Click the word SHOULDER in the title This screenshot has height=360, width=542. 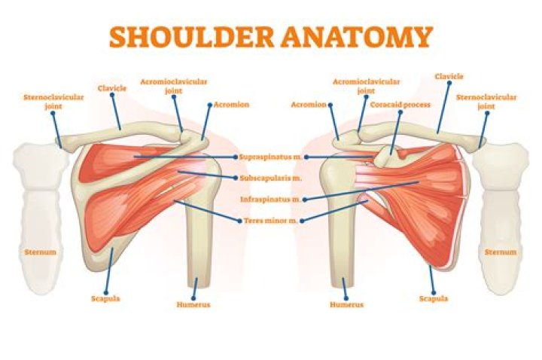(192, 37)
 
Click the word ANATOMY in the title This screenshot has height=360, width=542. (357, 37)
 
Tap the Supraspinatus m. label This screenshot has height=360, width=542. (271, 157)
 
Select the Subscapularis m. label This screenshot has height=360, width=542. (271, 178)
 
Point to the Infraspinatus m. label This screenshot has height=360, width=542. (270, 200)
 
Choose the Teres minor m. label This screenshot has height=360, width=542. (271, 221)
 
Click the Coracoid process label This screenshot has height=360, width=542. (400, 105)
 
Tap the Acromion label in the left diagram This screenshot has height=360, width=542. (231, 105)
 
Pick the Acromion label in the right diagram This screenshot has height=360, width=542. (309, 105)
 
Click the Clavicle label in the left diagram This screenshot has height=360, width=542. (112, 88)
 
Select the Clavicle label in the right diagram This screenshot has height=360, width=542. (449, 76)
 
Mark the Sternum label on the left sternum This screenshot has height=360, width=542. (40, 252)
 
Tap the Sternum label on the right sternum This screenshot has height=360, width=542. (501, 252)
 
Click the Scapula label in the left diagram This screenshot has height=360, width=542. (105, 298)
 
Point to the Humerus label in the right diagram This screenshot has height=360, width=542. (347, 305)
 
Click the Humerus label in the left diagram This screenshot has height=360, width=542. (193, 305)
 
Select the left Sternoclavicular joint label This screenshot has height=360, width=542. (53, 102)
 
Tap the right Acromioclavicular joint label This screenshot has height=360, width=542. (366, 86)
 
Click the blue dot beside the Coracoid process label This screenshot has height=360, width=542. (400, 112)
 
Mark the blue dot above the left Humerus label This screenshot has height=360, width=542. (193, 297)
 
